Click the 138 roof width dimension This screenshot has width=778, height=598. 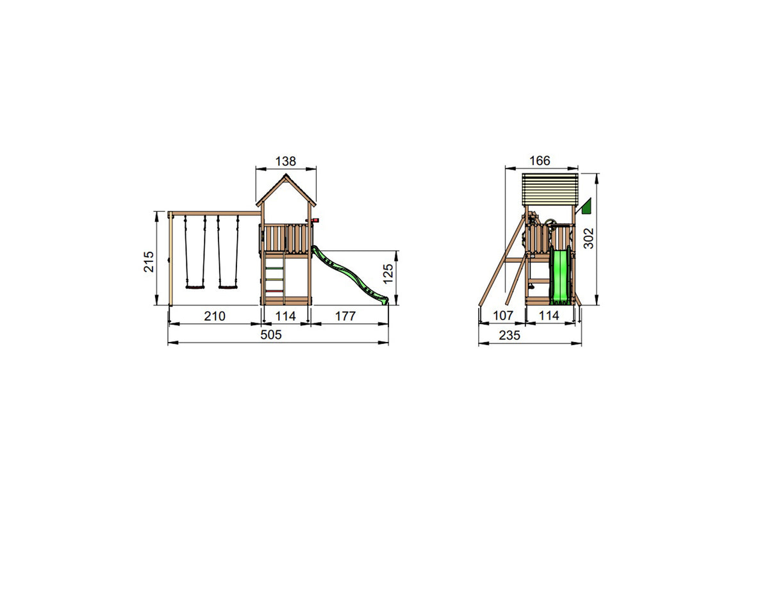(286, 161)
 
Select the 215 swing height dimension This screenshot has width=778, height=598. (149, 261)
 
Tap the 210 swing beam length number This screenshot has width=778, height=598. (215, 316)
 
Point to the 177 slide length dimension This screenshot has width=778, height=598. (345, 316)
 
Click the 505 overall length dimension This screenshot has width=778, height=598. (270, 334)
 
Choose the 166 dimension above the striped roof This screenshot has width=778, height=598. (540, 161)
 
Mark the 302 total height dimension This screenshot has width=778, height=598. (589, 238)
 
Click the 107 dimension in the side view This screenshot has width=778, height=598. (503, 316)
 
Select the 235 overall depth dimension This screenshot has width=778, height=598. (509, 335)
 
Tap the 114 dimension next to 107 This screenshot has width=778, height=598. (549, 316)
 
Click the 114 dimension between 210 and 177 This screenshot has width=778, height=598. (285, 316)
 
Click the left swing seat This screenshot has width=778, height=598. (195, 287)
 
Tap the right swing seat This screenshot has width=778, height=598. (228, 287)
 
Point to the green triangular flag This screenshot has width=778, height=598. (585, 206)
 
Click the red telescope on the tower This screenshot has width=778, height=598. (313, 221)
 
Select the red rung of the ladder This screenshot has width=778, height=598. (274, 291)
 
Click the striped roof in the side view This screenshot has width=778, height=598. (550, 189)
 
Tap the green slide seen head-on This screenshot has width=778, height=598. (560, 277)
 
